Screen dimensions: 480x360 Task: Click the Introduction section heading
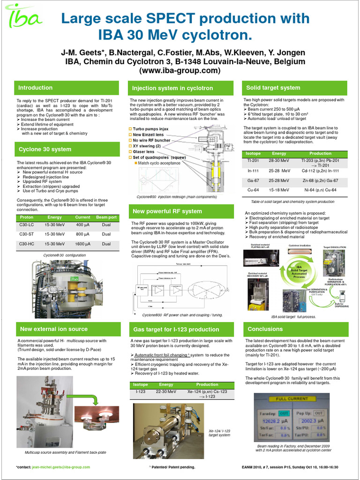(35, 88)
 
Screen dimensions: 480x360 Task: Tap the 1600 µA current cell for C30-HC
(83, 244)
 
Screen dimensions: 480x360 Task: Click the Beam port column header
(106, 217)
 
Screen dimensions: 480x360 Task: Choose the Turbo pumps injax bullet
(150, 128)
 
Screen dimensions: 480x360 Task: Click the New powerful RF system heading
(167, 211)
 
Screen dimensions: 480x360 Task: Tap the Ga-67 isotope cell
(253, 180)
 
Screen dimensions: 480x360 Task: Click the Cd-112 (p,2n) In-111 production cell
(320, 171)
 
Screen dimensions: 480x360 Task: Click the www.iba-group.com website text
(180, 71)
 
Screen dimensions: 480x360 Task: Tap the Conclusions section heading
(265, 329)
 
